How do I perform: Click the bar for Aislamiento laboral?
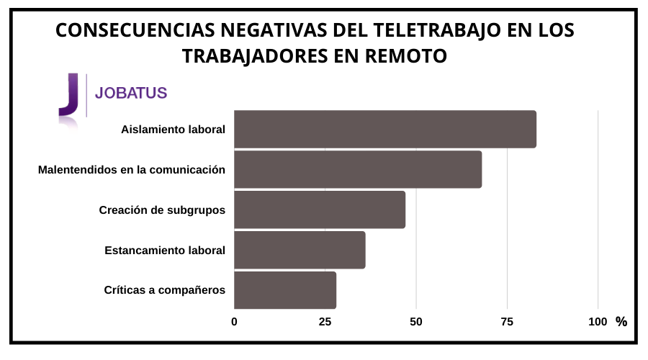385,130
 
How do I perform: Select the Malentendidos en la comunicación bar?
358,170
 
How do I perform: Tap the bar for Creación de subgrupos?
320,210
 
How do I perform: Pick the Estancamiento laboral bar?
300,251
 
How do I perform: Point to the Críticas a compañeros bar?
285,290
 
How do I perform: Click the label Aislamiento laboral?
173,130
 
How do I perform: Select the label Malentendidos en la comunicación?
131,170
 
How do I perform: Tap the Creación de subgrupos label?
162,210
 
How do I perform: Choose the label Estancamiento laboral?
165,251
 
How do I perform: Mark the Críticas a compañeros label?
165,290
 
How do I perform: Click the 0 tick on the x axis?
234,322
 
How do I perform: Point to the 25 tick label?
325,322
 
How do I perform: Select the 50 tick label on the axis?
415,322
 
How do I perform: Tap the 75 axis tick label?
507,322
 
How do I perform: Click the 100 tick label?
598,322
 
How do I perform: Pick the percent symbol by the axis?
621,322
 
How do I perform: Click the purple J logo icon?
68,95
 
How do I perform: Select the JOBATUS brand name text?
131,93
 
